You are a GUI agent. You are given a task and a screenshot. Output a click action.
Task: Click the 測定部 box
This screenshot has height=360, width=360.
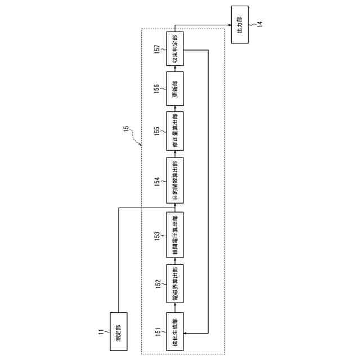click(119, 330)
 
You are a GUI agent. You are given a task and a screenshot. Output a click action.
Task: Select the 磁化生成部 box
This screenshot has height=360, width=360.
click(175, 330)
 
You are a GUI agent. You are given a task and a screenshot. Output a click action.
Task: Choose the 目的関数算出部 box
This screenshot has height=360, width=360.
click(175, 182)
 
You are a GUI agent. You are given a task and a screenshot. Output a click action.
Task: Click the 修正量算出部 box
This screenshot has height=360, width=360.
click(175, 131)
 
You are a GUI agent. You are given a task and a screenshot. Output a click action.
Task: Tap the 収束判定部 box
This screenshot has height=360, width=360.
click(175, 49)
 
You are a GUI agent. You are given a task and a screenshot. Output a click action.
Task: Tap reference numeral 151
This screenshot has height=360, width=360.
click(159, 331)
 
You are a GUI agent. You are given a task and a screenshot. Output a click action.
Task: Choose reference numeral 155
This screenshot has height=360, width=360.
click(159, 132)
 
